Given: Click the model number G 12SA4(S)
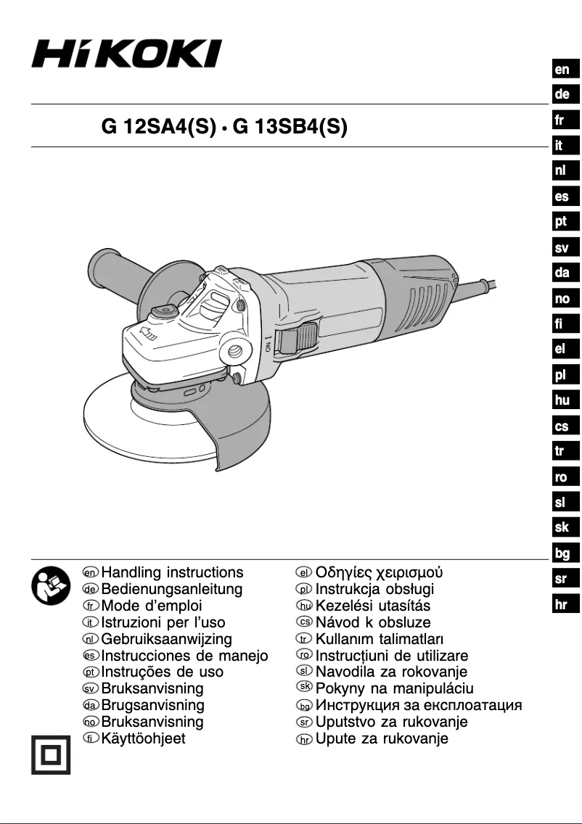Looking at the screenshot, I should [159, 128].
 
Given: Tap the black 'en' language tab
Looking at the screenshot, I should [562, 70].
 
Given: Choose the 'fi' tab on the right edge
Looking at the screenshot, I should [562, 324].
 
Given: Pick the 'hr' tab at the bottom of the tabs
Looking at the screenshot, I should [562, 605].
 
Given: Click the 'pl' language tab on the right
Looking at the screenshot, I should [562, 374].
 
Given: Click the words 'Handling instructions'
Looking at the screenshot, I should [173, 573].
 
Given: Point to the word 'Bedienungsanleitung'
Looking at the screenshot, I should [172, 589].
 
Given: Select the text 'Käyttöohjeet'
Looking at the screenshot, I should [143, 738].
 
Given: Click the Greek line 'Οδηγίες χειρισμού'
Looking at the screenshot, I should [378, 573].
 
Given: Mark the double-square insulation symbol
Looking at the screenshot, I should [49, 756].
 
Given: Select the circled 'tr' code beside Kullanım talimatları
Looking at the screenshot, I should [304, 639].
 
